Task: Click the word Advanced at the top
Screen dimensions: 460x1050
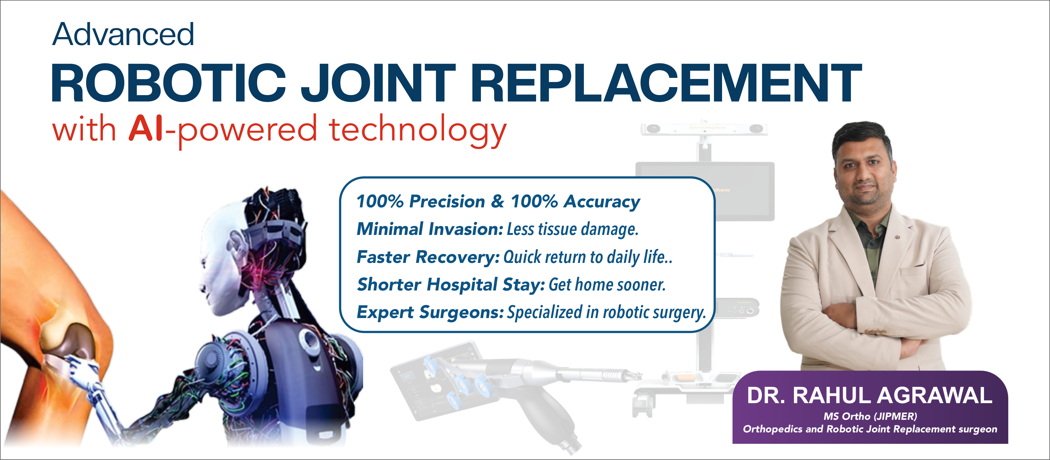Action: click(123, 35)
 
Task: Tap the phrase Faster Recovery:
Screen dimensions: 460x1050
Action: click(428, 257)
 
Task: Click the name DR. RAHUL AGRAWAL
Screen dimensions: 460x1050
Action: click(869, 395)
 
